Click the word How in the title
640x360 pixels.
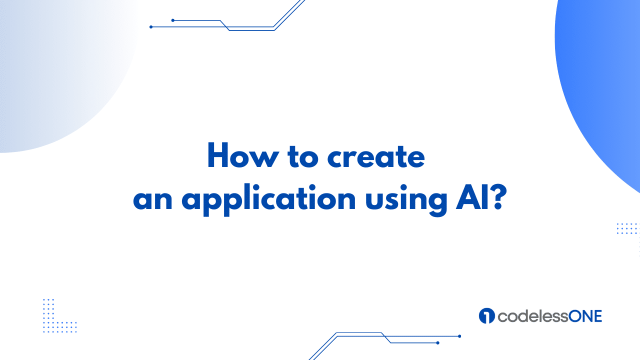pyautogui.click(x=243, y=155)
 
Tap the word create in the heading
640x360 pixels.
pyautogui.click(x=376, y=156)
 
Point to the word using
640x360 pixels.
pyautogui.click(x=406, y=199)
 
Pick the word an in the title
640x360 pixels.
pyautogui.click(x=153, y=200)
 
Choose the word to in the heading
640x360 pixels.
pyautogui.click(x=303, y=156)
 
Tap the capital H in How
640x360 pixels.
pyautogui.click(x=218, y=154)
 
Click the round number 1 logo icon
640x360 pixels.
pyautogui.click(x=486, y=315)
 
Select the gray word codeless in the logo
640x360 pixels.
pyautogui.click(x=533, y=316)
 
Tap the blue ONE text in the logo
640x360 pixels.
pyautogui.click(x=585, y=316)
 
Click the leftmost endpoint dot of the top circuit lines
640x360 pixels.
pyautogui.click(x=151, y=27)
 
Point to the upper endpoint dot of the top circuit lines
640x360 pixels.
pyautogui.click(x=173, y=20)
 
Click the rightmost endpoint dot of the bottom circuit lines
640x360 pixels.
pyautogui.click(x=459, y=336)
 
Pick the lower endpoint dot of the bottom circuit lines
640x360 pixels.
pyautogui.click(x=437, y=343)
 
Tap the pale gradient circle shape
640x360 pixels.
pyautogui.click(x=57, y=71)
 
